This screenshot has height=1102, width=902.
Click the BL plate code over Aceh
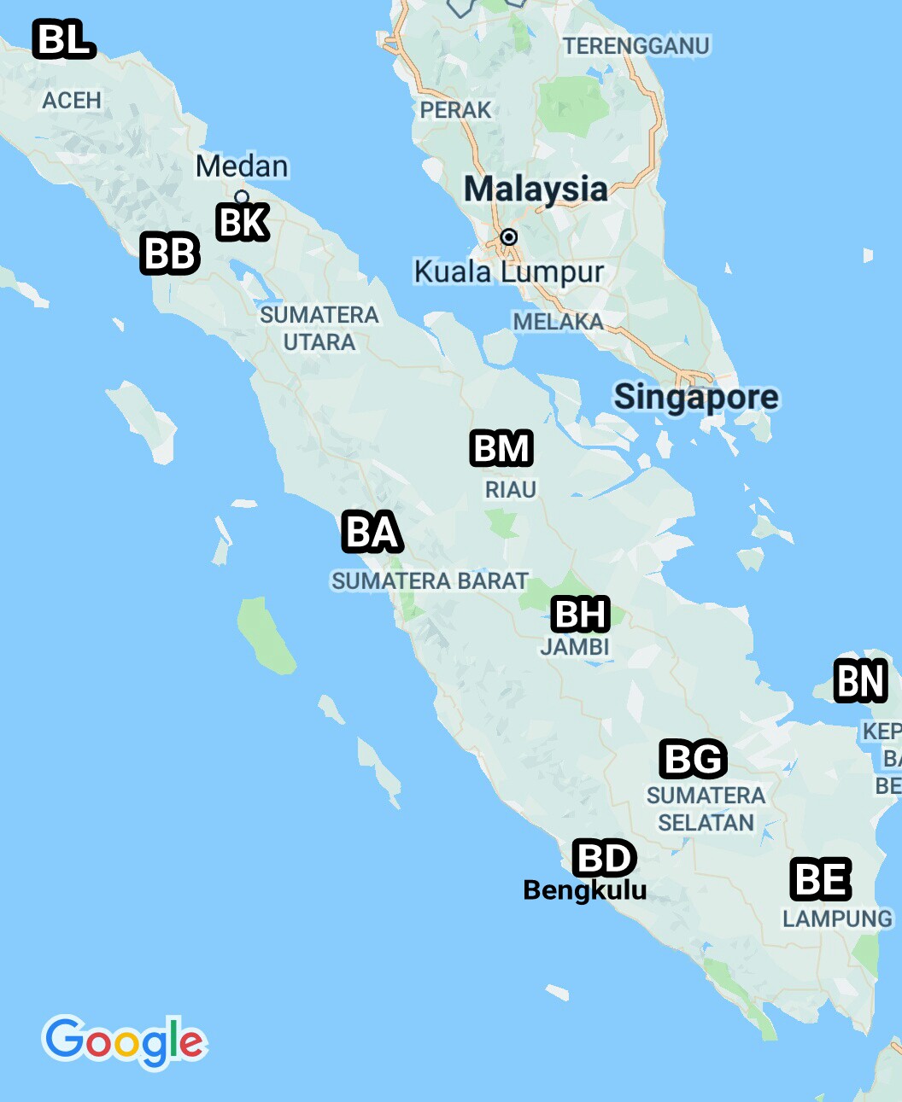pos(64,40)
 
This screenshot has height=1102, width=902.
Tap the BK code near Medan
pos(243,223)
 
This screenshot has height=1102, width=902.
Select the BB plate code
pos(170,254)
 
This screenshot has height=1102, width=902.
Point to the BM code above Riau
pos(501,449)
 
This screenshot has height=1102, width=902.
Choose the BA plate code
pos(372,532)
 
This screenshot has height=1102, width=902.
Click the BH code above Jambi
pos(581,615)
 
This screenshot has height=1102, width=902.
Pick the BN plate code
pos(860,681)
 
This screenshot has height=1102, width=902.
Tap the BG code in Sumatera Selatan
pos(694,759)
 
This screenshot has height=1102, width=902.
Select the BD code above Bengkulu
pos(605,858)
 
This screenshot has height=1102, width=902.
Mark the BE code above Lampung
pos(821,880)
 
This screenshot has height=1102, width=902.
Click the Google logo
pos(125,1041)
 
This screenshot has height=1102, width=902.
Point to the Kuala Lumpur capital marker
pos(509,236)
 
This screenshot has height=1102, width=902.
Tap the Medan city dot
pos(242,197)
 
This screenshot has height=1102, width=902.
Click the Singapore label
pos(696,397)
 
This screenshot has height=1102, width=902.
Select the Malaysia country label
pos(536,189)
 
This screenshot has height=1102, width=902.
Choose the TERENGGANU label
pos(636,46)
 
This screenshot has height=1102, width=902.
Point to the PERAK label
pos(455,110)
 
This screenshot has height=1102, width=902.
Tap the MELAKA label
pos(558,322)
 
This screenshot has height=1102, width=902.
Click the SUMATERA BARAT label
pos(430,581)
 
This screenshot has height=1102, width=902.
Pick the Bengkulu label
pos(585,890)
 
